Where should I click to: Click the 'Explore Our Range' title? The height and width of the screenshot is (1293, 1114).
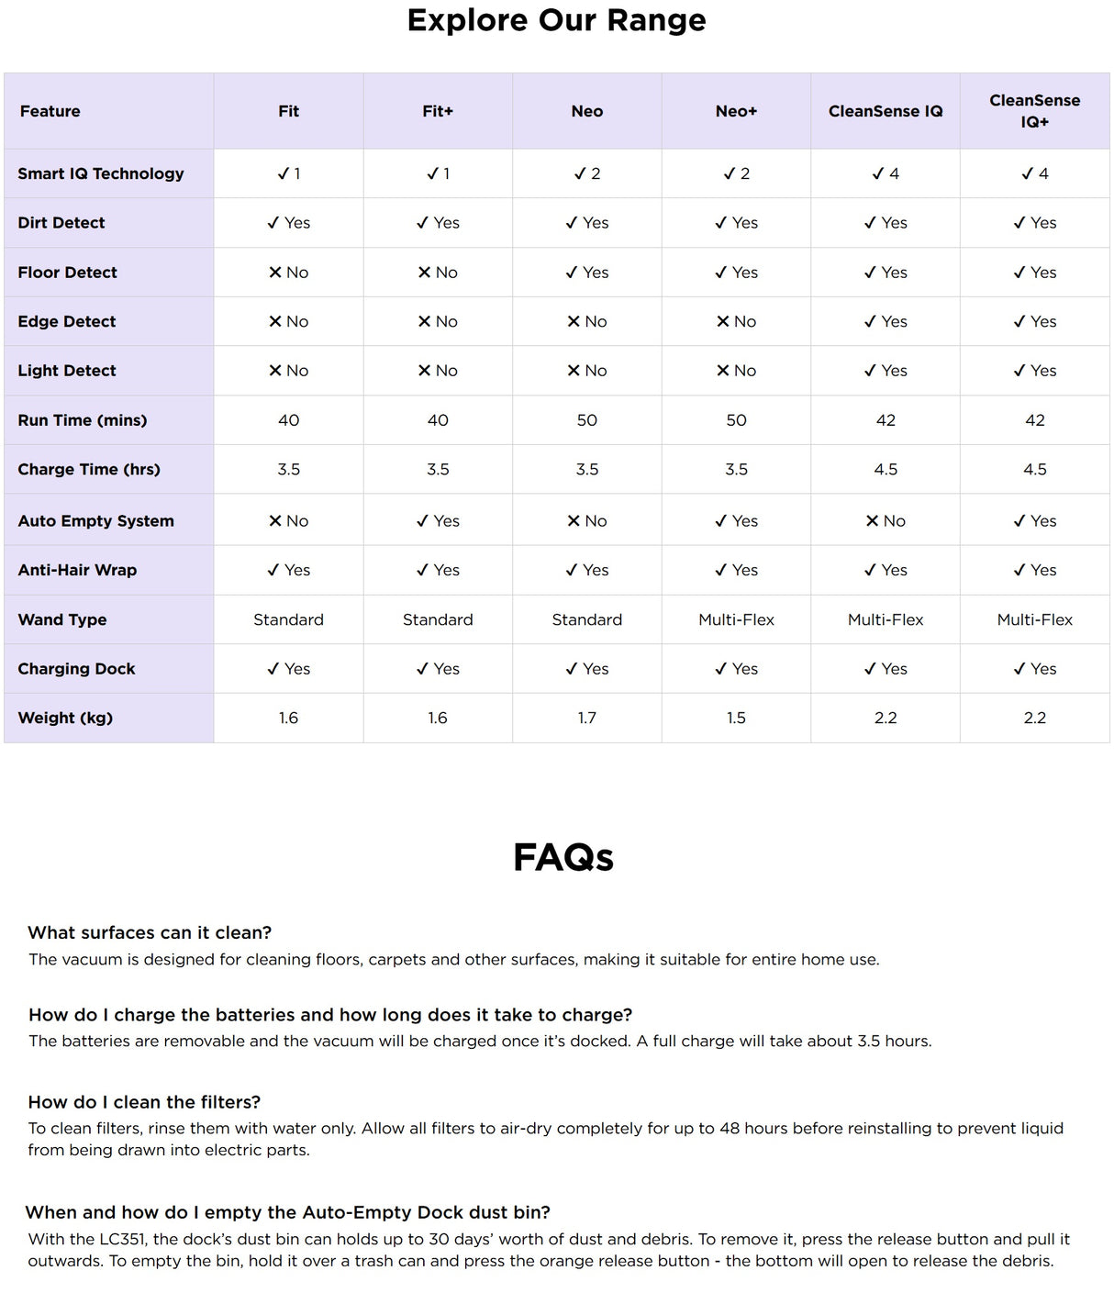[x=556, y=20]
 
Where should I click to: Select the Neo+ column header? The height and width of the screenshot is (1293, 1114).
[x=736, y=111]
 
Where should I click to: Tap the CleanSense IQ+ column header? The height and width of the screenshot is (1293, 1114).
[x=1034, y=111]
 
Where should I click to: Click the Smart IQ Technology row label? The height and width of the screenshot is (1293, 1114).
[x=101, y=173]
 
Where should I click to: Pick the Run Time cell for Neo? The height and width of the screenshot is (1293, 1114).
[x=587, y=420]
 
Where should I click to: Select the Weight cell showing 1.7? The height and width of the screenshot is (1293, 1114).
[x=587, y=718]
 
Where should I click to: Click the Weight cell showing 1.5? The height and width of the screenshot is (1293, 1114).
[x=736, y=718]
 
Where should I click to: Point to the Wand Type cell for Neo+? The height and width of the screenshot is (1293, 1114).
[x=736, y=619]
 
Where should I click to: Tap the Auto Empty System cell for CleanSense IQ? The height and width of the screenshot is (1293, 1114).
[x=886, y=521]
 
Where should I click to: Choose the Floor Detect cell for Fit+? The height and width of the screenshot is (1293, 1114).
[x=438, y=273]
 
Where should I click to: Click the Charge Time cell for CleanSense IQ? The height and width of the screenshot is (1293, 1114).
[x=886, y=470]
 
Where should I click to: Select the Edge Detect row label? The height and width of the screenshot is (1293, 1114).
[x=67, y=322]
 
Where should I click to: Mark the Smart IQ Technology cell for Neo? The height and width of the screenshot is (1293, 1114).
[x=587, y=173]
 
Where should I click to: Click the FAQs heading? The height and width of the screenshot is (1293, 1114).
[x=563, y=857]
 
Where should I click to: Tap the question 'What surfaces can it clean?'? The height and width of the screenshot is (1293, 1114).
[x=150, y=932]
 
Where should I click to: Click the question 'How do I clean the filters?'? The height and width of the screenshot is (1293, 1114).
[x=144, y=1102]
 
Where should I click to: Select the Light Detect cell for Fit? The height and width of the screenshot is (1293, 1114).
[x=289, y=371]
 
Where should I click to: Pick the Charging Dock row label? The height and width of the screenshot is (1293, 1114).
[x=76, y=669]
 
